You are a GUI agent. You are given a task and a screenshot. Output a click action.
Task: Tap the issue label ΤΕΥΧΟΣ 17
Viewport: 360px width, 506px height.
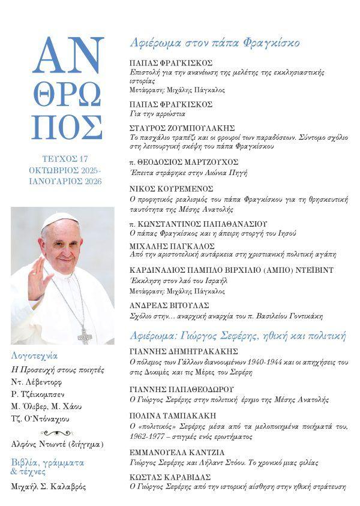tap(68, 159)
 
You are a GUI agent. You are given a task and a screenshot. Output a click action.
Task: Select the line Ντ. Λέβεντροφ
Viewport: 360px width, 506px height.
tap(37, 382)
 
